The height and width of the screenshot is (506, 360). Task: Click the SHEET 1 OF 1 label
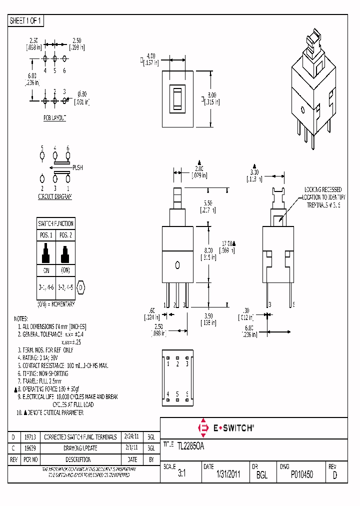click(x=26, y=21)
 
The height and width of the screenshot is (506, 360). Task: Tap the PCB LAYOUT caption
click(x=54, y=117)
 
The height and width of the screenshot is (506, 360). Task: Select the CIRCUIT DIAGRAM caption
click(x=54, y=196)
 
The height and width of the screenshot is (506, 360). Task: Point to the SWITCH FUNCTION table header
click(x=55, y=223)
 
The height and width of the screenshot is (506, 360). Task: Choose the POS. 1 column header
click(x=46, y=235)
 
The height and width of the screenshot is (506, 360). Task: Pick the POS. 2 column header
click(x=65, y=235)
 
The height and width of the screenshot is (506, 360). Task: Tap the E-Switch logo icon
click(x=203, y=427)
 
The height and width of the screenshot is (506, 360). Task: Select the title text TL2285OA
click(x=190, y=445)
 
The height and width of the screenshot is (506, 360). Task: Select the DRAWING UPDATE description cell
click(x=80, y=448)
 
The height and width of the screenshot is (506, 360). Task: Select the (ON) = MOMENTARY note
click(x=55, y=304)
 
